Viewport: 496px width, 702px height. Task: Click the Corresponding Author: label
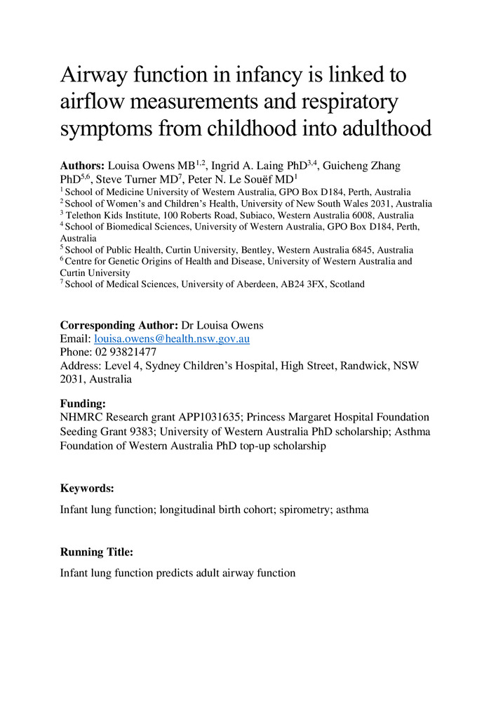pyautogui.click(x=119, y=325)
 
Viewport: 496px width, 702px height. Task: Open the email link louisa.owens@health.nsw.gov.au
pyautogui.click(x=172, y=338)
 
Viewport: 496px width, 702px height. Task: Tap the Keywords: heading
pyautogui.click(x=87, y=487)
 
